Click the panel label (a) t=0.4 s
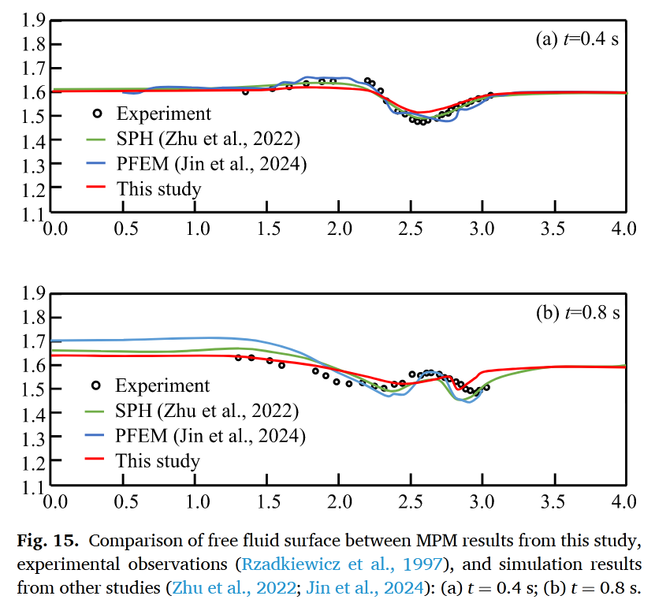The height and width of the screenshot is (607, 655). tap(577, 40)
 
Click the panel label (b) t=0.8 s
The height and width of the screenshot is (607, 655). tap(577, 312)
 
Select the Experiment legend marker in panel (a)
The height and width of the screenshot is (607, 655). tap(97, 114)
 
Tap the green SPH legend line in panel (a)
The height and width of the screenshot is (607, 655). tap(96, 140)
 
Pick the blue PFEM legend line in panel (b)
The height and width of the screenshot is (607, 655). tap(96, 435)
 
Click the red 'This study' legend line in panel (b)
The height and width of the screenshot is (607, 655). tap(96, 460)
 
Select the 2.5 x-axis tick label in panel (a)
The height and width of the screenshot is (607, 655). tap(411, 229)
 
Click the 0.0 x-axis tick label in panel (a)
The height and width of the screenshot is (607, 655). tap(54, 229)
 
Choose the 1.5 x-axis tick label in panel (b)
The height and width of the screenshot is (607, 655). tap(267, 501)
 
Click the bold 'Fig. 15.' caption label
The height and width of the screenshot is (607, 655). tap(47, 543)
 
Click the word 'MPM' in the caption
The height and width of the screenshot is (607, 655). tap(433, 543)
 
